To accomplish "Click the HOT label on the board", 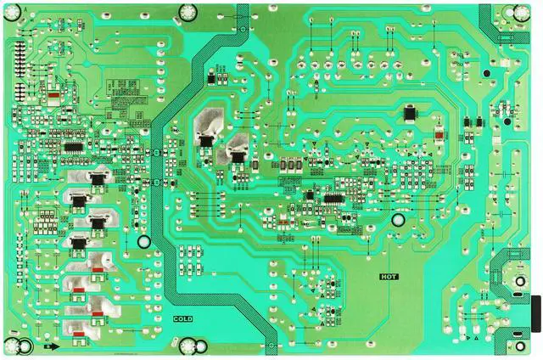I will point(389,276).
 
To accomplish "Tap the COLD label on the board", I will point(182,318).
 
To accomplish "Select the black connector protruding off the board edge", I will point(535,315).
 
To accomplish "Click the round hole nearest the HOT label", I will point(397,219).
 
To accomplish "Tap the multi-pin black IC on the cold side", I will point(72,147).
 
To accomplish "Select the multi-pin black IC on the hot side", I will point(333,199).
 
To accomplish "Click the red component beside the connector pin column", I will point(53,95).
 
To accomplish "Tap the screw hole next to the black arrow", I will point(25,346).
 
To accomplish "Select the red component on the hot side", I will point(439,134).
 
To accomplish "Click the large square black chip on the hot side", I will point(411,113).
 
